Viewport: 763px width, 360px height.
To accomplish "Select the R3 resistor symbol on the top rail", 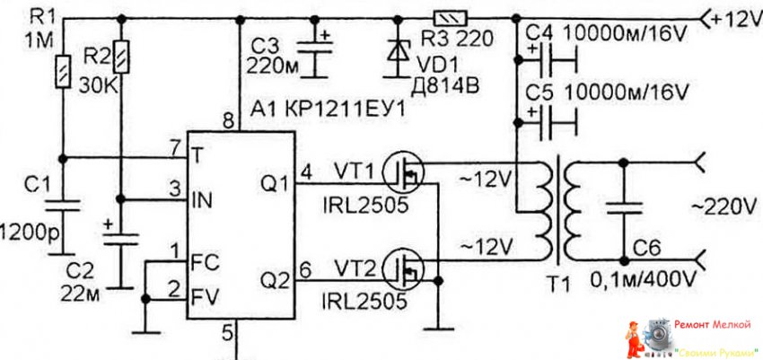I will pyautogui.click(x=447, y=17).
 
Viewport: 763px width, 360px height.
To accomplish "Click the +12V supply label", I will pyautogui.click(x=725, y=17).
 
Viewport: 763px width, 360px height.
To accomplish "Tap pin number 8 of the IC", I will pyautogui.click(x=227, y=120).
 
